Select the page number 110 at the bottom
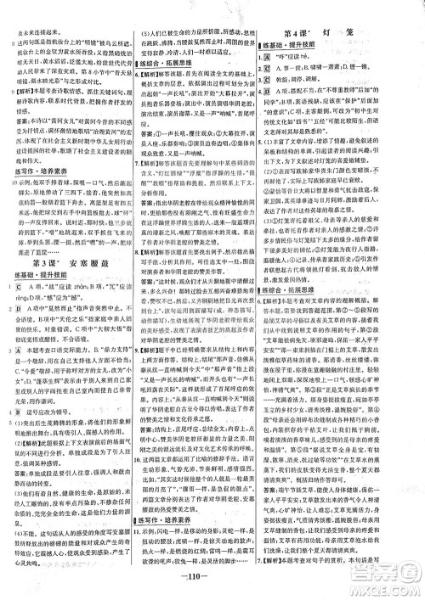point(212,591)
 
